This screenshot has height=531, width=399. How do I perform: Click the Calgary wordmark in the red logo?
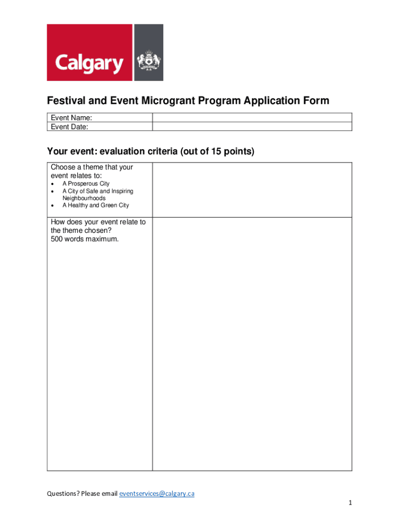coord(90,64)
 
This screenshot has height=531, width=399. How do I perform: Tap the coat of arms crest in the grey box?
coord(149,62)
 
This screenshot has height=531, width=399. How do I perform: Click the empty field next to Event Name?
coord(252,118)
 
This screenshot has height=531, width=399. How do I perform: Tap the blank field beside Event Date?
coord(252,127)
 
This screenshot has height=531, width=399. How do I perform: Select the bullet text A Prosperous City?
coord(86,184)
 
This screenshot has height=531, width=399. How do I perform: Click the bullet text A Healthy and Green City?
coord(95,205)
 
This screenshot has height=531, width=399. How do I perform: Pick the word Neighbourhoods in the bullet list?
coord(84,198)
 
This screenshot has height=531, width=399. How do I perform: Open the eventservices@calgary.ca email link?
coord(156,494)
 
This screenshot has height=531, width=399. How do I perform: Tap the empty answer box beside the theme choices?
coord(252,190)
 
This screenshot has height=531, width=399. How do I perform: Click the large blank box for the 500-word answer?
coord(252,343)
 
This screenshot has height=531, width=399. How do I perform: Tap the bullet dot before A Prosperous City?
coord(53,184)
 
